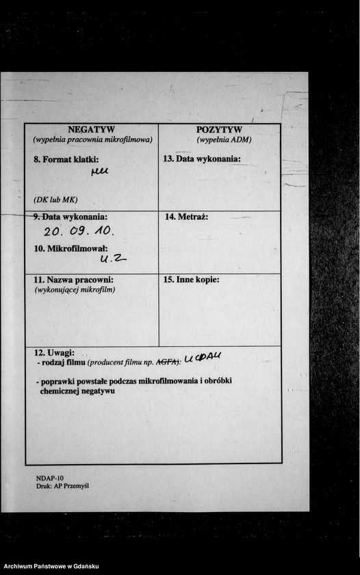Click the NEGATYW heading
tap(92, 129)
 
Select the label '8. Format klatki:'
tap(66, 159)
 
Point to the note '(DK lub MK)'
tap(55, 200)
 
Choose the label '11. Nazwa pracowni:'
tap(73, 280)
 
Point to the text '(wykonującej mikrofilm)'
tap(75, 290)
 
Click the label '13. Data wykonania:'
tap(202, 159)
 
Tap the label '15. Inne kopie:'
tap(192, 280)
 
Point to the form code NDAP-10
tap(50, 478)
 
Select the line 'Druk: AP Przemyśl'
tap(62, 486)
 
